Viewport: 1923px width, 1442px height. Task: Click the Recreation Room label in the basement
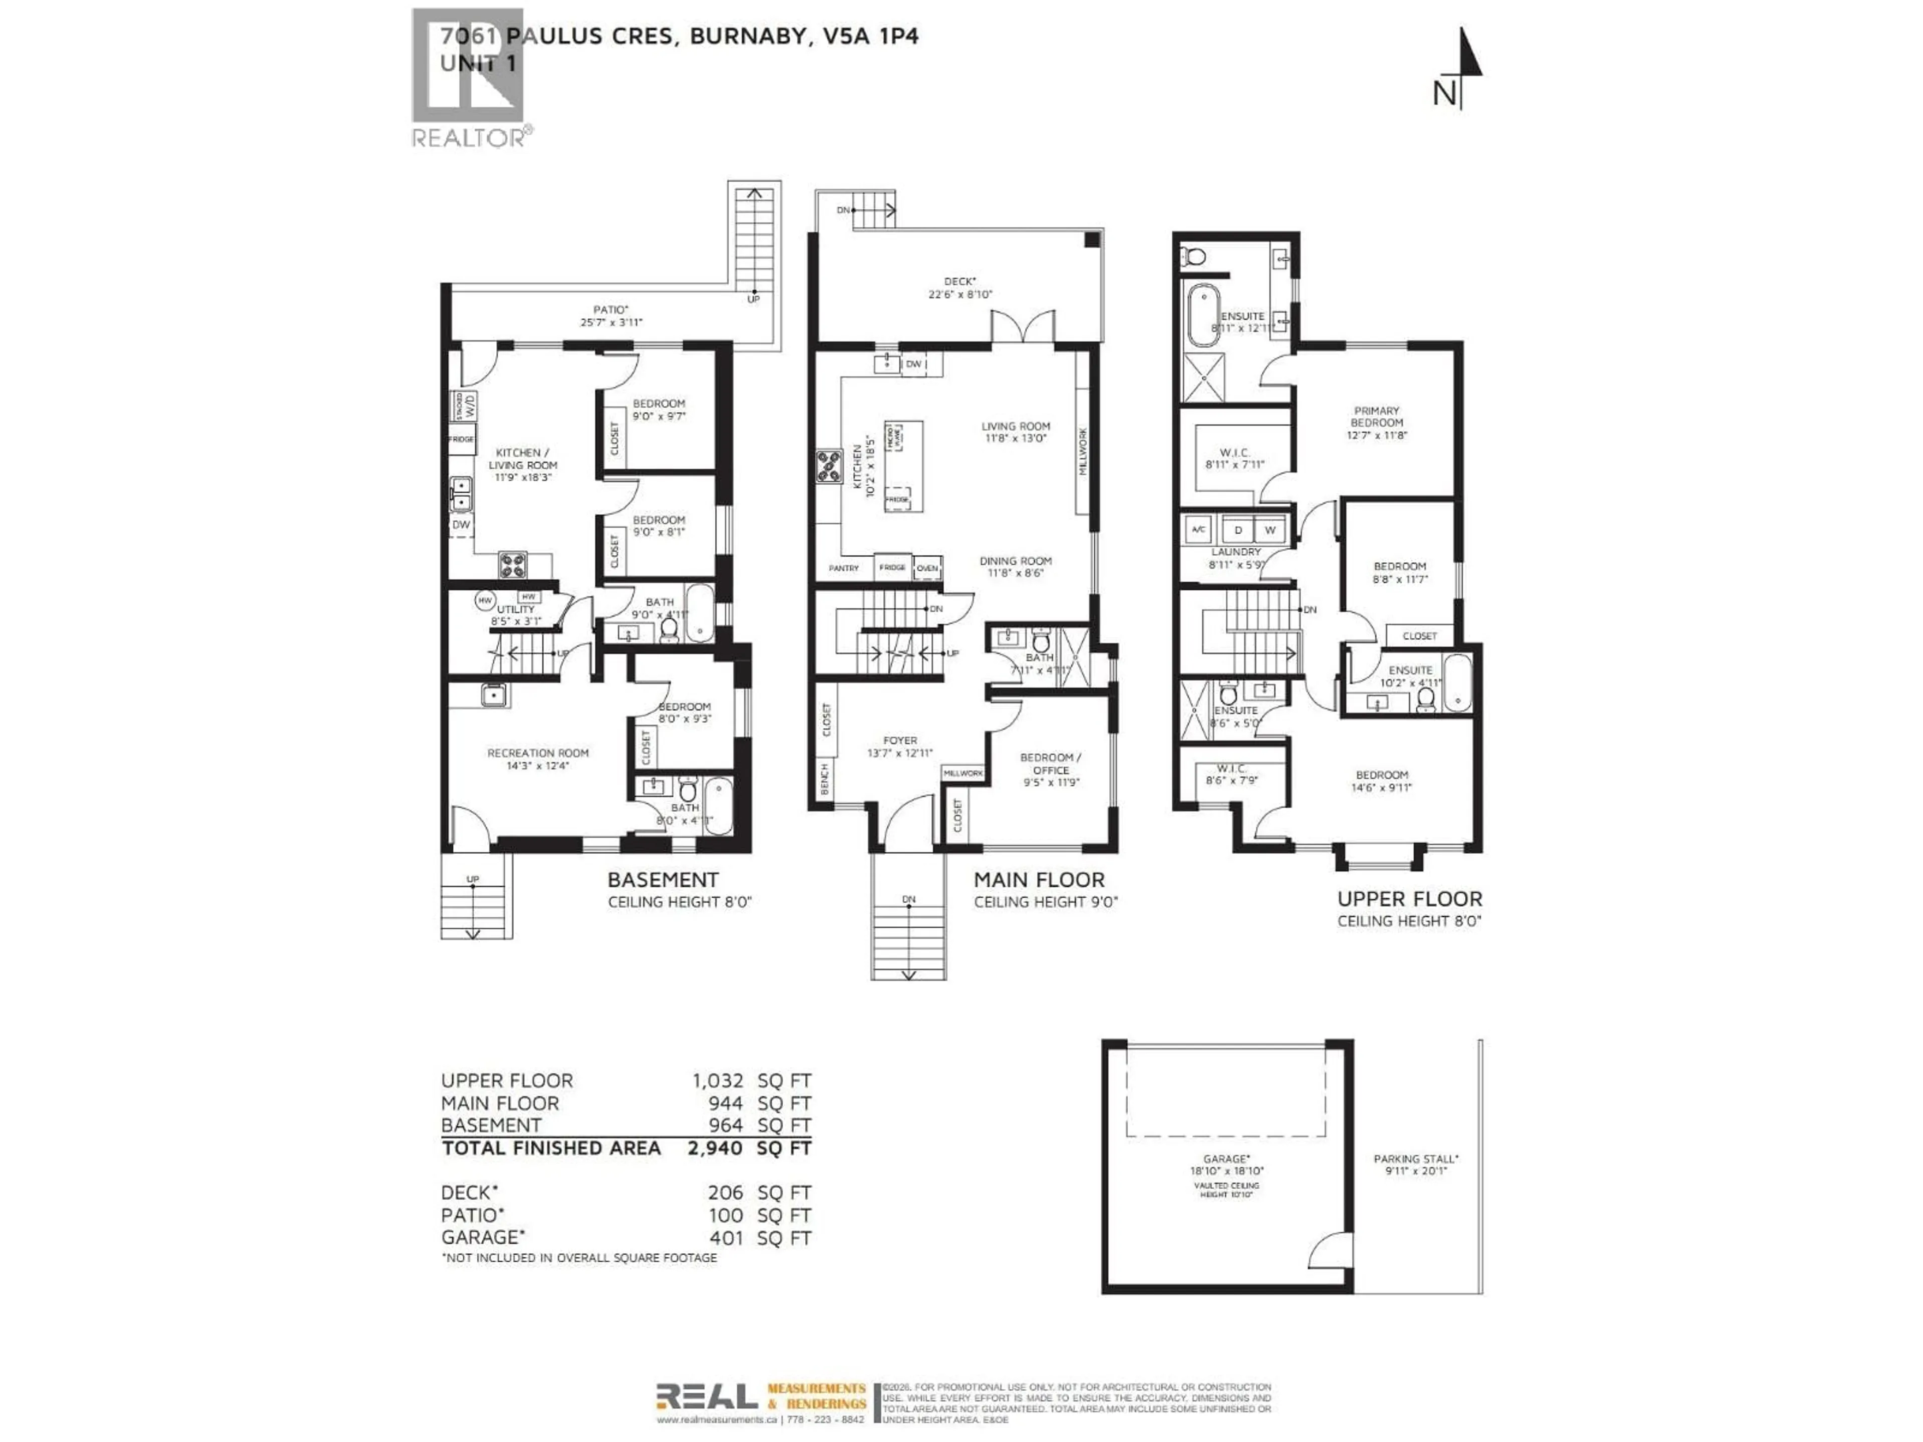point(537,753)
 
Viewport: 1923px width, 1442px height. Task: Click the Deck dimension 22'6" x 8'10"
point(960,294)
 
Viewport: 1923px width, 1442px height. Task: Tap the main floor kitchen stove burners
point(828,466)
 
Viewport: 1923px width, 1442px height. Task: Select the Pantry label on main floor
point(843,568)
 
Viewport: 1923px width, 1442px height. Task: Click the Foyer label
point(900,741)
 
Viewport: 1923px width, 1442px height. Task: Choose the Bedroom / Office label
point(1051,763)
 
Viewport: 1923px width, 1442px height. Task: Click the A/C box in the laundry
point(1198,529)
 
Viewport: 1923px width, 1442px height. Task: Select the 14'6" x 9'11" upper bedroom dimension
point(1381,788)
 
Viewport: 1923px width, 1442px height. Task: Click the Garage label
point(1226,1159)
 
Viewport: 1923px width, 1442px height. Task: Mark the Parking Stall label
point(1415,1159)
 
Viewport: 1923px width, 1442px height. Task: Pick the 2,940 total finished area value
point(715,1148)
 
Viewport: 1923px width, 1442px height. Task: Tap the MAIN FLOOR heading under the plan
point(1039,880)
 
